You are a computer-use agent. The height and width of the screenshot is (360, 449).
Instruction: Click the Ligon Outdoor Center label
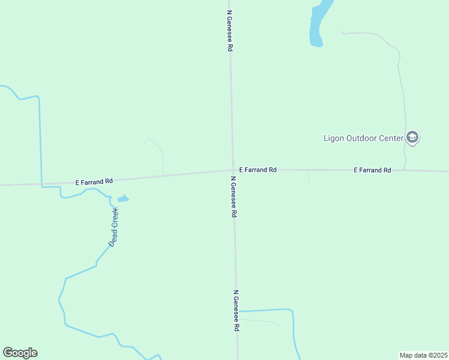click(363, 138)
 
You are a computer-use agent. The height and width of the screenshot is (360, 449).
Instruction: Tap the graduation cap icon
click(412, 138)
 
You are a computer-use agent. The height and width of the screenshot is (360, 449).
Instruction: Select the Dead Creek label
click(114, 227)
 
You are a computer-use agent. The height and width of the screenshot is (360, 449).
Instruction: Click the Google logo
click(20, 353)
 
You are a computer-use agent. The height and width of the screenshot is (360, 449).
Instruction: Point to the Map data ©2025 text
click(424, 355)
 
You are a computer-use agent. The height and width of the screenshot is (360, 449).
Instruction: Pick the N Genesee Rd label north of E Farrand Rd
click(229, 30)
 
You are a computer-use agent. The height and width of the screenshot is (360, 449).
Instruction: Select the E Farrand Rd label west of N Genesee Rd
click(94, 181)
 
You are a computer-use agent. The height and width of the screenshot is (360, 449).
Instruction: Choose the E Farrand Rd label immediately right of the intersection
click(258, 170)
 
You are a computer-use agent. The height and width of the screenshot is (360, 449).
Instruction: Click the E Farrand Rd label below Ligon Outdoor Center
click(372, 170)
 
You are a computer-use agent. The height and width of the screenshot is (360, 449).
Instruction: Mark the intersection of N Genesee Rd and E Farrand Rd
click(233, 170)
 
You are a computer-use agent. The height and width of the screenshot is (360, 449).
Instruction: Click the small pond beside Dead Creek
click(123, 199)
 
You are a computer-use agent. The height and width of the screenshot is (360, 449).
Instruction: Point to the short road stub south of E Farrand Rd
click(309, 178)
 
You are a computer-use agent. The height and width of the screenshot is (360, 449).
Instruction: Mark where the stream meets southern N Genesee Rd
click(238, 311)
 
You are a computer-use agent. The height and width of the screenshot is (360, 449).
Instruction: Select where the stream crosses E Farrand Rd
click(41, 184)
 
